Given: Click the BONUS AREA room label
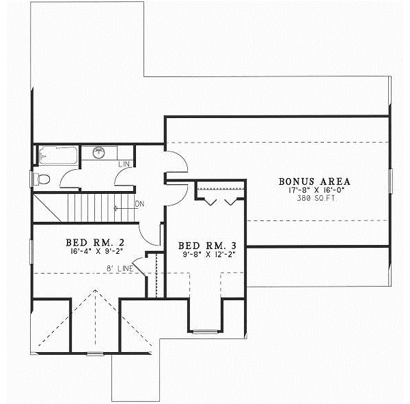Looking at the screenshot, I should [314, 182].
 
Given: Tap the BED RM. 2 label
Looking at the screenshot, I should [94, 242].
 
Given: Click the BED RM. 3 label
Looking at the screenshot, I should [206, 246].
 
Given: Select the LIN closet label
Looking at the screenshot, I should [124, 164].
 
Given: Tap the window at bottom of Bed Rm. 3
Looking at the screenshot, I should [204, 332].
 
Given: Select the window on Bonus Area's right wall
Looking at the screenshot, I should [390, 182].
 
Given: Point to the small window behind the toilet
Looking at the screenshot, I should [32, 179].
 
